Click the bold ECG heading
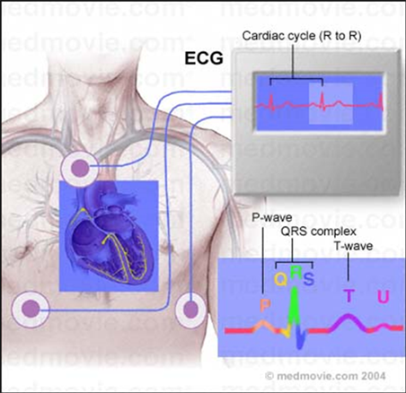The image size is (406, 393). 204,58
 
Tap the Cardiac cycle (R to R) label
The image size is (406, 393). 302,36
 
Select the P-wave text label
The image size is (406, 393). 272,217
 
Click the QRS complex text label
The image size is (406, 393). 319,231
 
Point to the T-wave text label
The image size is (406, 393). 353,246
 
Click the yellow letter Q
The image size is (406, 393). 281,280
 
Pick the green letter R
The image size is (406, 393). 296,273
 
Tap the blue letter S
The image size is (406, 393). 308,279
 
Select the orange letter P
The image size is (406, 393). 265,305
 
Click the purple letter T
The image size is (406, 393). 349,296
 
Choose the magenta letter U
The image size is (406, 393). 384,296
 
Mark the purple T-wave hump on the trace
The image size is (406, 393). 348,322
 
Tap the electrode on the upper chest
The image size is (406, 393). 80,169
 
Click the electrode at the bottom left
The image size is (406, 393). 31,309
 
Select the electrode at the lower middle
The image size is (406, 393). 190,310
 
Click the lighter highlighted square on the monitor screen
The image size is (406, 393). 331,103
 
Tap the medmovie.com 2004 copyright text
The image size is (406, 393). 326,376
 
